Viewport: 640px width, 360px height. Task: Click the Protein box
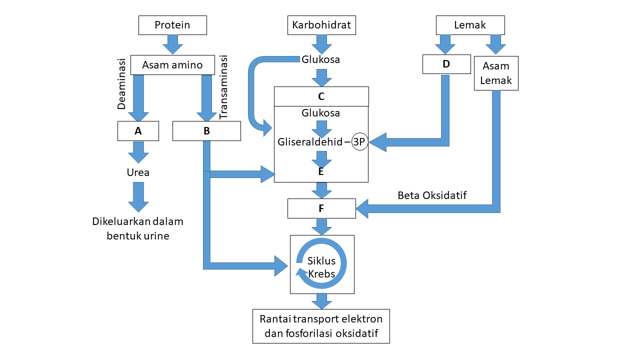coord(172,25)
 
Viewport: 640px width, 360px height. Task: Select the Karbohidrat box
coord(321,25)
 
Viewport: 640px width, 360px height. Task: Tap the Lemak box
coord(470,25)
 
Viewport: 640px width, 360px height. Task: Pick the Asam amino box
coord(172,65)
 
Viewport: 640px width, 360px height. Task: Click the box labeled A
coord(138,131)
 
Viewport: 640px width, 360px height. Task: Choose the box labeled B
coord(206,131)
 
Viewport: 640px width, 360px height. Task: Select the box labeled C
coord(321,96)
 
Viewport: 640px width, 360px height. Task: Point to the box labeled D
coord(446,64)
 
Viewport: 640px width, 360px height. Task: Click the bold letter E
coord(321,171)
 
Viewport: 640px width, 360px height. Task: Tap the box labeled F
coord(321,208)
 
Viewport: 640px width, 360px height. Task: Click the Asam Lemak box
coord(496,73)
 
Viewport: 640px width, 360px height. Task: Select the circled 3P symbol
coord(359,141)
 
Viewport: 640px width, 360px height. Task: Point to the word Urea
coord(138,172)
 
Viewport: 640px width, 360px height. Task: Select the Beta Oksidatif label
coord(432,195)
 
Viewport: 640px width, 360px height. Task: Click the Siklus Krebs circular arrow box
coord(322,264)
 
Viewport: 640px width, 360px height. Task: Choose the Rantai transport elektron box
coord(321,326)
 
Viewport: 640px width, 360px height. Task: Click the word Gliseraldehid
coord(310,142)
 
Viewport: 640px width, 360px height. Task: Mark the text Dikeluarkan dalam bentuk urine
coord(138,228)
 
